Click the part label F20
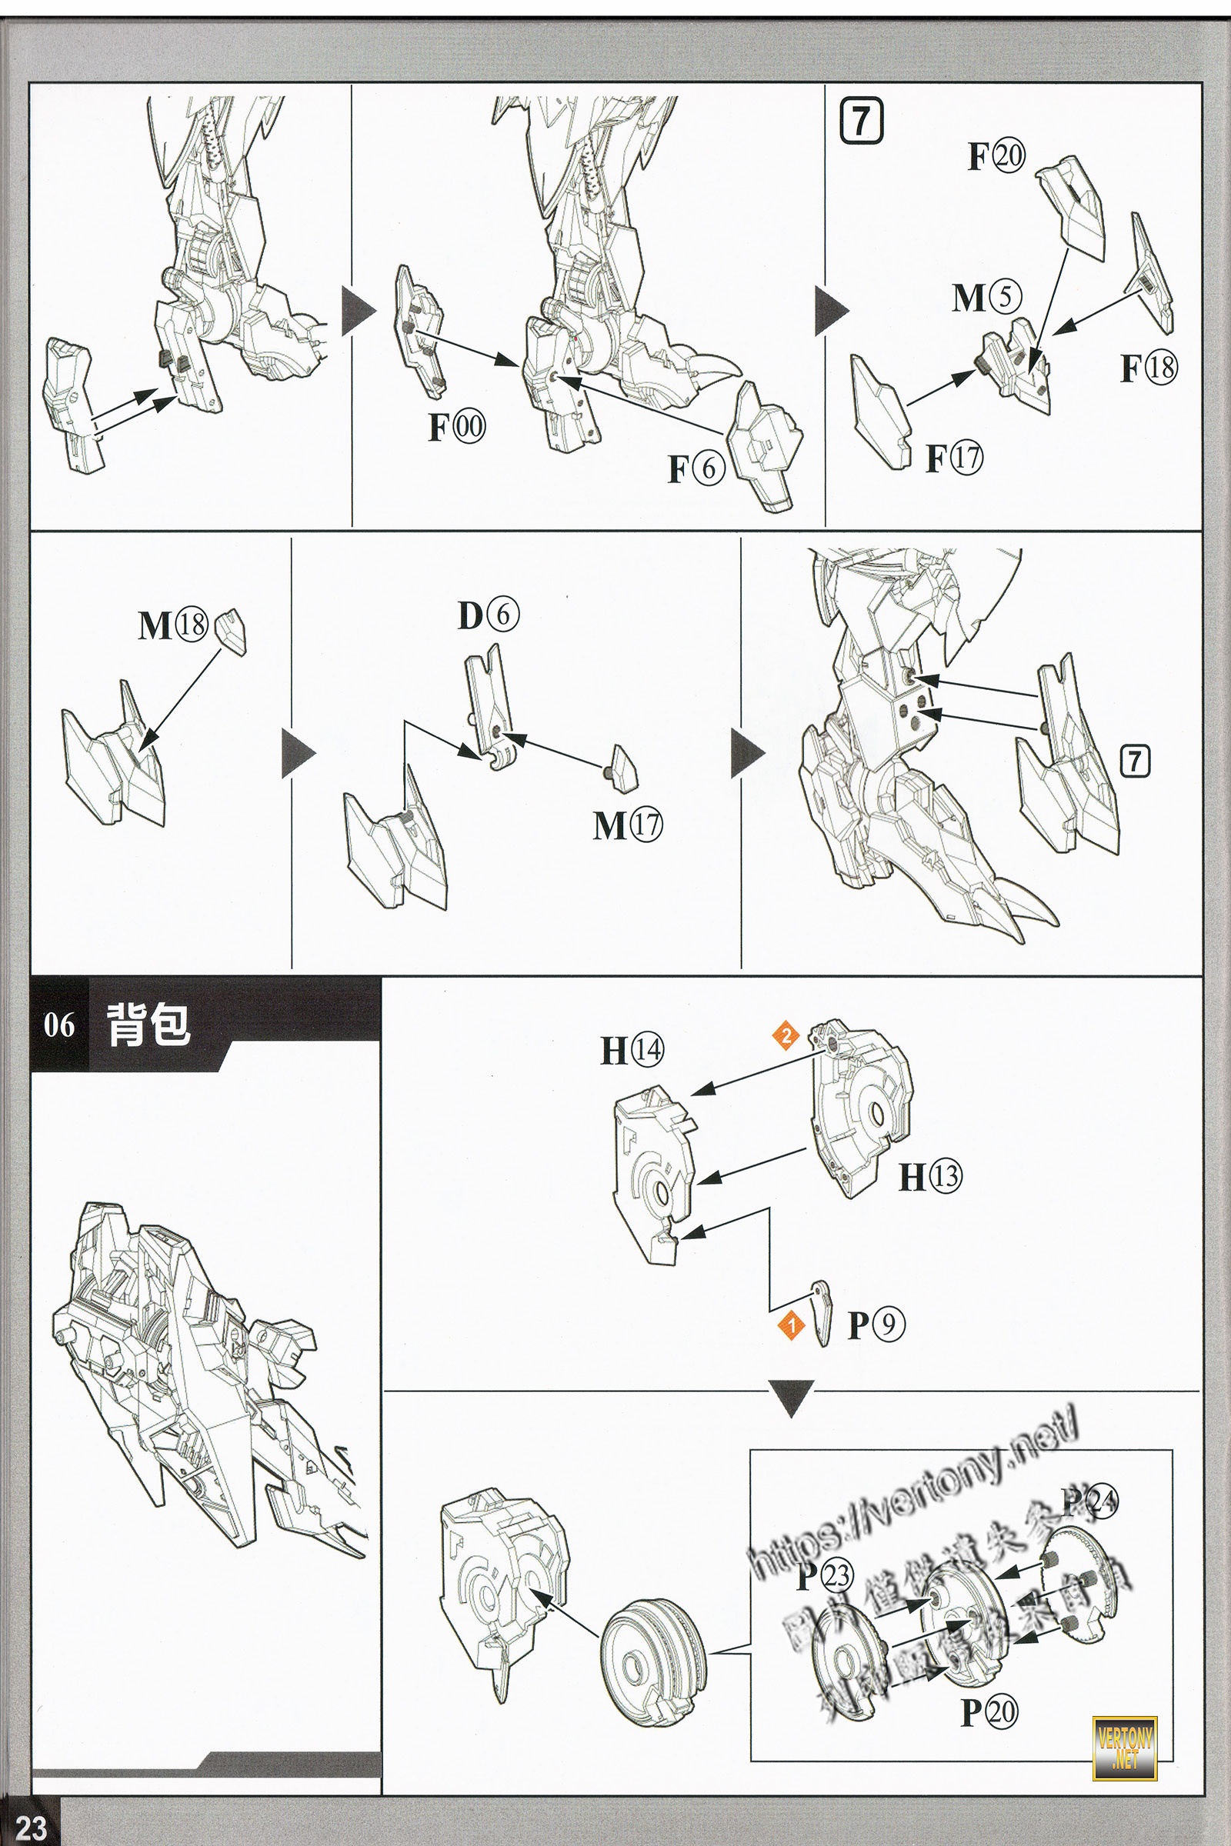click(x=996, y=155)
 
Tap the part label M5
click(x=987, y=298)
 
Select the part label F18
click(x=1148, y=368)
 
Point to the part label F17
click(x=954, y=458)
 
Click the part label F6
click(x=696, y=468)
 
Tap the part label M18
click(x=172, y=625)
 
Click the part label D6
click(x=488, y=615)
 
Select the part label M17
click(x=627, y=825)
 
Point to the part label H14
click(x=632, y=1050)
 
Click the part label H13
click(x=930, y=1177)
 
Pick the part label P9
click(x=876, y=1325)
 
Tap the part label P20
click(x=989, y=1712)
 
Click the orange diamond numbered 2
click(x=786, y=1035)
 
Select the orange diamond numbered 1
click(x=792, y=1325)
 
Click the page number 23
click(x=32, y=1826)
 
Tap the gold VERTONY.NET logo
click(x=1125, y=1748)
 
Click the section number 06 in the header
click(x=59, y=1025)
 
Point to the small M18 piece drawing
click(x=231, y=630)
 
